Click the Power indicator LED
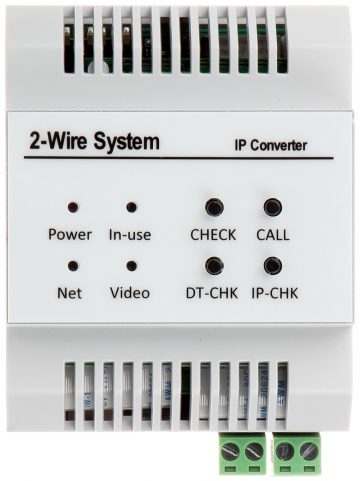73,207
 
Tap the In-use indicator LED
132,207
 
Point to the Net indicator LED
73,266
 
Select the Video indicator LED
132,266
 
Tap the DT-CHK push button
214,265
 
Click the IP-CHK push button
273,265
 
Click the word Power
70,234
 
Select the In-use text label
130,235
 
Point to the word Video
130,293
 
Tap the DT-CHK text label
212,293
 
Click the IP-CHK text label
275,293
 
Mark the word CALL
273,235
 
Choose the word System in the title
126,141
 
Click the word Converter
279,146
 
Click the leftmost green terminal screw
231,452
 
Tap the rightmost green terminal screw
309,452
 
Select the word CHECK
213,235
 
